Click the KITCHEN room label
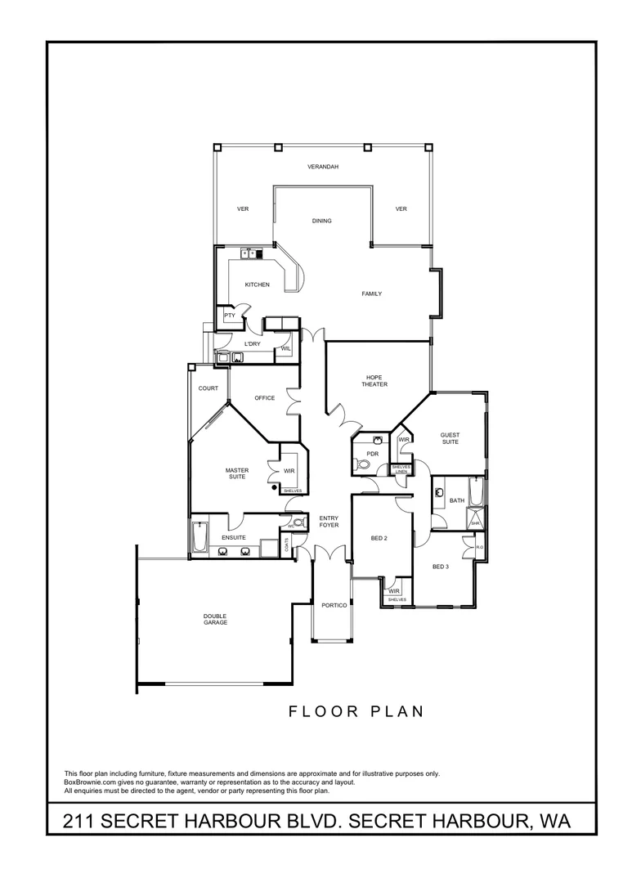click(x=257, y=285)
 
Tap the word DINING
click(x=321, y=221)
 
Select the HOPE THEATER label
click(x=376, y=381)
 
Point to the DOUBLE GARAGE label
click(x=216, y=619)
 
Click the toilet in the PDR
click(x=365, y=466)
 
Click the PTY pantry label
click(x=230, y=315)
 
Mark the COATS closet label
click(x=286, y=546)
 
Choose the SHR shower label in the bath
click(x=475, y=523)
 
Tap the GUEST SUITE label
click(x=450, y=438)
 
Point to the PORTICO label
click(x=335, y=605)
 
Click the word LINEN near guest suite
click(x=401, y=472)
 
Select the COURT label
click(x=208, y=388)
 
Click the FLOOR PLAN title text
click(x=356, y=711)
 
